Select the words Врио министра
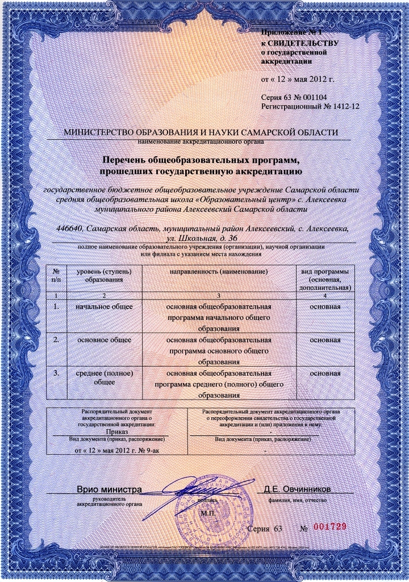click(x=109, y=489)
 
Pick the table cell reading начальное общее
click(x=104, y=307)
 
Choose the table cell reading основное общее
click(x=104, y=340)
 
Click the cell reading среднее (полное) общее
click(x=104, y=378)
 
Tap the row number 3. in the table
click(x=56, y=373)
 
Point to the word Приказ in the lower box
click(x=116, y=432)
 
